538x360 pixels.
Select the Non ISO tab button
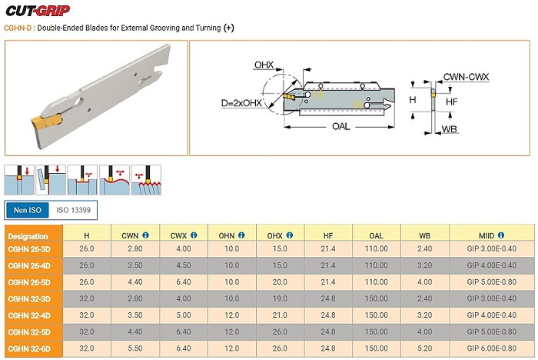pyautogui.click(x=28, y=209)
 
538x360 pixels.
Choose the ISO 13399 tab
pyautogui.click(x=74, y=209)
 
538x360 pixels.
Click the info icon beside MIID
pyautogui.click(x=503, y=235)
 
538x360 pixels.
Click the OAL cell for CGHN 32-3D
pyautogui.click(x=377, y=298)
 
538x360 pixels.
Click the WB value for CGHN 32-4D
pyautogui.click(x=426, y=315)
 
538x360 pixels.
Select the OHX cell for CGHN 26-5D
pyautogui.click(x=280, y=282)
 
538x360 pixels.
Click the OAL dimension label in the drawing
pyautogui.click(x=341, y=126)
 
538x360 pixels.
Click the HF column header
pyautogui.click(x=328, y=235)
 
